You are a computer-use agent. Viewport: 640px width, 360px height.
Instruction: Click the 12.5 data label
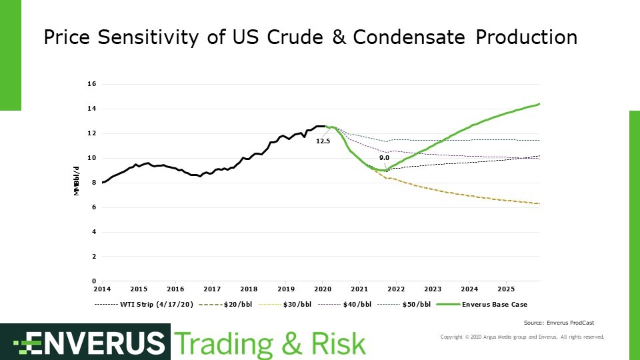pyautogui.click(x=323, y=141)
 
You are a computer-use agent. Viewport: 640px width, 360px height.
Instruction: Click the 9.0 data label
pyautogui.click(x=384, y=158)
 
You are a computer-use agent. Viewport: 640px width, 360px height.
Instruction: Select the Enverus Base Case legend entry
pyautogui.click(x=482, y=305)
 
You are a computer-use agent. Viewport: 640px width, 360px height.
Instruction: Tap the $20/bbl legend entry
pyautogui.click(x=225, y=305)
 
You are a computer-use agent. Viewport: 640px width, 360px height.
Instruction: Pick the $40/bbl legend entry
pyautogui.click(x=345, y=305)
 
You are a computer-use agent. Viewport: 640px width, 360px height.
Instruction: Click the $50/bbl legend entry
pyautogui.click(x=404, y=305)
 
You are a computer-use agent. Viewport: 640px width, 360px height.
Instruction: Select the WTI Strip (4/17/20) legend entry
pyautogui.click(x=144, y=305)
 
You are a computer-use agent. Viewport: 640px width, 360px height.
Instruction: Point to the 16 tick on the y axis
pyautogui.click(x=91, y=84)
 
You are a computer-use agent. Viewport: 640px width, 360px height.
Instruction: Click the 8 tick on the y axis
pyautogui.click(x=94, y=183)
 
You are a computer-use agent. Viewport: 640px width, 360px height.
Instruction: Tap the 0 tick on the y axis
pyautogui.click(x=94, y=281)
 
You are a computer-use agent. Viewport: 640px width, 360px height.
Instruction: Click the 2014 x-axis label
pyautogui.click(x=102, y=289)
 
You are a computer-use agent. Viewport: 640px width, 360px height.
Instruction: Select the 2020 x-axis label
pyautogui.click(x=323, y=289)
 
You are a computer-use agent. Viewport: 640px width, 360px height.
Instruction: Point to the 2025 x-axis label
pyautogui.click(x=506, y=289)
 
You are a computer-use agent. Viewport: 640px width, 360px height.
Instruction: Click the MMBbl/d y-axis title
pyautogui.click(x=76, y=181)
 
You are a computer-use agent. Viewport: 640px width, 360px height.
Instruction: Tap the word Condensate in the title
pyautogui.click(x=409, y=37)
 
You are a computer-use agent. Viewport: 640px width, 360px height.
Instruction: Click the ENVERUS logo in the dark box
pyautogui.click(x=89, y=343)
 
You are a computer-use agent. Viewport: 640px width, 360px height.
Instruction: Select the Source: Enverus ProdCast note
pyautogui.click(x=559, y=323)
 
